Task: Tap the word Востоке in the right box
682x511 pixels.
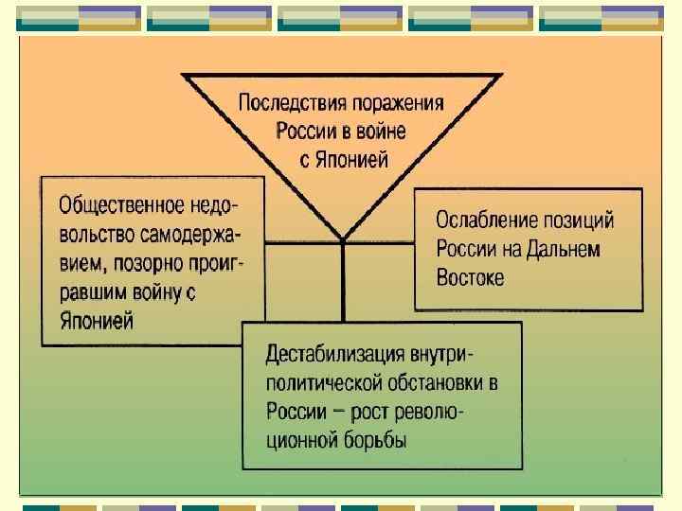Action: [x=471, y=278]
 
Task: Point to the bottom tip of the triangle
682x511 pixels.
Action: [x=343, y=238]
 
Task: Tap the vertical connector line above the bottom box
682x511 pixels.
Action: [x=343, y=284]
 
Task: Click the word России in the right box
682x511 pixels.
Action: [x=468, y=249]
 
